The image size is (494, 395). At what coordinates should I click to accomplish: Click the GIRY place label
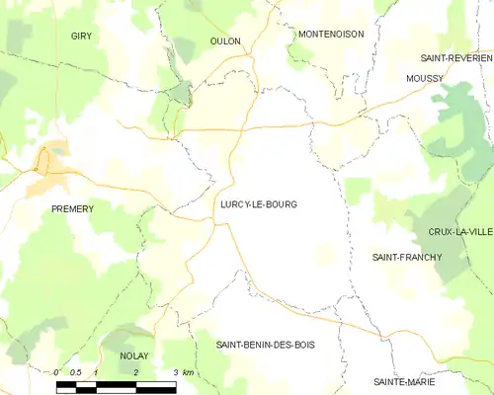(81, 36)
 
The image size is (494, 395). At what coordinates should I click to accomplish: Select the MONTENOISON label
(331, 34)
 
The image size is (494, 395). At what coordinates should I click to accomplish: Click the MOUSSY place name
(424, 77)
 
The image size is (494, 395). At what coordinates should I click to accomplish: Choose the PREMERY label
(72, 209)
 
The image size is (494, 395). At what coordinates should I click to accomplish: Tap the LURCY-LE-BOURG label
(258, 204)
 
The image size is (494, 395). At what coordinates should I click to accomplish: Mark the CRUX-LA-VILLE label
(459, 232)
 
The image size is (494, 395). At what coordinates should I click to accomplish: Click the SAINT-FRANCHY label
(406, 258)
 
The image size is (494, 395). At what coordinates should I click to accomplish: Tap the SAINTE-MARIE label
(405, 381)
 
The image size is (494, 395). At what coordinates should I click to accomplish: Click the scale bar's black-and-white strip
(116, 385)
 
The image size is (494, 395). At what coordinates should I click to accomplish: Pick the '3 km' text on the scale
(183, 372)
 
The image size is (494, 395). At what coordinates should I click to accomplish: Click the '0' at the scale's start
(56, 371)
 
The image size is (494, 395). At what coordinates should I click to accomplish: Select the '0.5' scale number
(76, 371)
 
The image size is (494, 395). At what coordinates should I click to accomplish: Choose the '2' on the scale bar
(135, 371)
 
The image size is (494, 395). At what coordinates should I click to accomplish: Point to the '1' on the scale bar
(96, 371)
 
